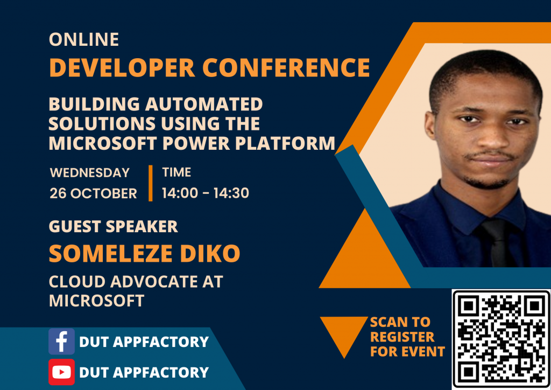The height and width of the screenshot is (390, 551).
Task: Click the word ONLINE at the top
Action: (83, 39)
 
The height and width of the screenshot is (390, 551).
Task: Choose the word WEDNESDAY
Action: (89, 173)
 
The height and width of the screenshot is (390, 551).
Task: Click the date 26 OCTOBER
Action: (93, 193)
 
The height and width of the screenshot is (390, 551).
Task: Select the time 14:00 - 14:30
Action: (205, 193)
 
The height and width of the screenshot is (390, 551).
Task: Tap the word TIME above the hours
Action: (176, 173)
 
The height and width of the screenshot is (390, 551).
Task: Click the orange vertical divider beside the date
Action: (151, 183)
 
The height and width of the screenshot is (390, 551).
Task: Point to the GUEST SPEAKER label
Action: (113, 227)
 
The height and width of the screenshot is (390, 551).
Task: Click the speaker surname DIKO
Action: (211, 254)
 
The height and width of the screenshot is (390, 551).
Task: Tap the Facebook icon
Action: (61, 342)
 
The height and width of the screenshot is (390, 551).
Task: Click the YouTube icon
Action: (61, 372)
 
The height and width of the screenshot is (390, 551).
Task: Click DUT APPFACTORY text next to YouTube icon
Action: (144, 372)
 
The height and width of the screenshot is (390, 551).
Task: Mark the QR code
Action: (501, 339)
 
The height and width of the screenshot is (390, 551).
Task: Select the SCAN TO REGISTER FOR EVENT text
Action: (407, 337)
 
